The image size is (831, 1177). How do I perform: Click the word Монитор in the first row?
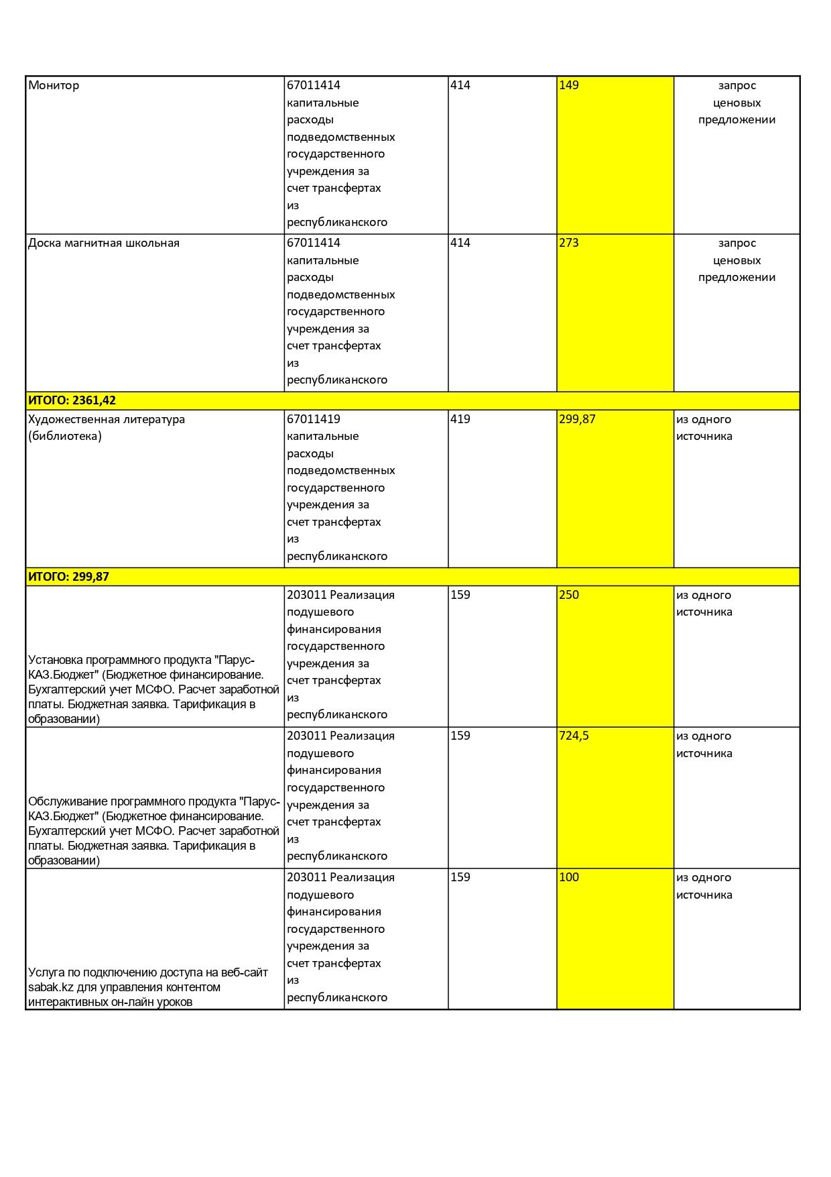tap(54, 86)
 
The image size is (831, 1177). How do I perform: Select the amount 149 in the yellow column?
tap(569, 86)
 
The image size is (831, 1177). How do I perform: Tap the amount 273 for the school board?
tap(569, 243)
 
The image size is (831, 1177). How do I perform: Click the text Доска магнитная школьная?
tap(104, 243)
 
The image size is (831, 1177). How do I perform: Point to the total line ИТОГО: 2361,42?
tap(72, 401)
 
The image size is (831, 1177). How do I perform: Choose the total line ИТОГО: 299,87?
tap(68, 577)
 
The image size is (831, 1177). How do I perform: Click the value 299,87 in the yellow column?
tap(577, 420)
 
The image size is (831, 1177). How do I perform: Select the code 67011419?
tap(314, 420)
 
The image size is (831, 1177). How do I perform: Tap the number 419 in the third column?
tap(460, 420)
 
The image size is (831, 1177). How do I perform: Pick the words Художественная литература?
tap(107, 420)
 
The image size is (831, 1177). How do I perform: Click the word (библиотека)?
tap(65, 437)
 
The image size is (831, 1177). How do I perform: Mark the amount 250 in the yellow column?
tap(569, 596)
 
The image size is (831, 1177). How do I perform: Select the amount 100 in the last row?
tap(569, 878)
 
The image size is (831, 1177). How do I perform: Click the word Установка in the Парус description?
tap(56, 660)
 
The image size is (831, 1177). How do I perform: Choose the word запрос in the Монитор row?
tap(737, 86)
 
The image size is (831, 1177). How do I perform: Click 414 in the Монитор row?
tap(460, 86)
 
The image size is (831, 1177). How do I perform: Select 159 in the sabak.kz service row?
tap(460, 878)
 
